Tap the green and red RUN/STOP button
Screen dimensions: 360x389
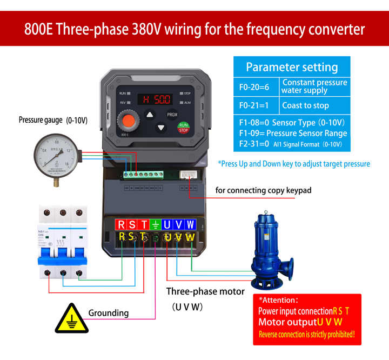click(x=183, y=127)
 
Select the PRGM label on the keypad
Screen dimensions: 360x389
click(x=172, y=115)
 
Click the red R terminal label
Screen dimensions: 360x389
click(x=121, y=224)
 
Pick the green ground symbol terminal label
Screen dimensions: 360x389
click(x=155, y=224)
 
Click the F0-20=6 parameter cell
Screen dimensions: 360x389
click(x=257, y=86)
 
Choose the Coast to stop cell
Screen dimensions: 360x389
click(x=305, y=105)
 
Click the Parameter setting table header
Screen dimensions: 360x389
click(x=292, y=67)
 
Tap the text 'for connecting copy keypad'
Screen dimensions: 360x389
click(x=263, y=190)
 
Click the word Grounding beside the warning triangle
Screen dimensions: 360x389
click(x=109, y=312)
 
